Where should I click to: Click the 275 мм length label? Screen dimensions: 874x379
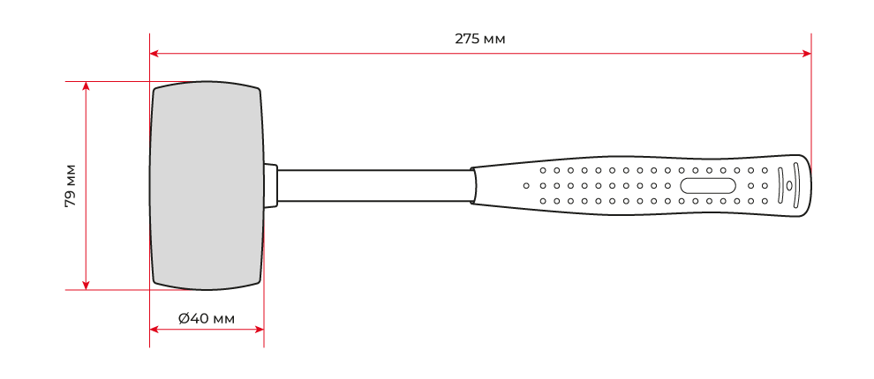point(480,39)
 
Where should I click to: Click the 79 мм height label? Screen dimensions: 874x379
point(71,186)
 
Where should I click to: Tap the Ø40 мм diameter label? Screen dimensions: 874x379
point(207,319)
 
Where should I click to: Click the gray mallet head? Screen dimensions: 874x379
point(207,186)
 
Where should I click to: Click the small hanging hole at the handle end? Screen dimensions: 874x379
point(788,186)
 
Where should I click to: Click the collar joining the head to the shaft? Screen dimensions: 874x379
point(270,186)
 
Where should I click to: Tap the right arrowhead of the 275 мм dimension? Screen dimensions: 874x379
point(807,54)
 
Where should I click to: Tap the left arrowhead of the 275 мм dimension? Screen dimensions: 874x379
point(154,54)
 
